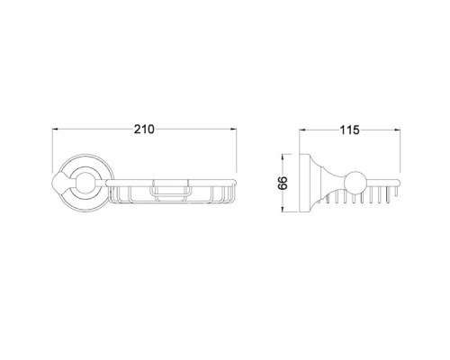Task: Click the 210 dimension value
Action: click(144, 130)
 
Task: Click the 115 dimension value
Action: click(349, 130)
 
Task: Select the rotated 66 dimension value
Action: click(283, 183)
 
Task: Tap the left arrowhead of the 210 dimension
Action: click(56, 130)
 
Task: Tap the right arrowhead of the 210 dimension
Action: click(233, 130)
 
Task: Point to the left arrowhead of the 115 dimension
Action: click(302, 130)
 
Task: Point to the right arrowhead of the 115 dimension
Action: click(397, 130)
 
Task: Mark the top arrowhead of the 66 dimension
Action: click(283, 157)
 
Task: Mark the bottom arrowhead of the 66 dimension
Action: click(283, 209)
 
